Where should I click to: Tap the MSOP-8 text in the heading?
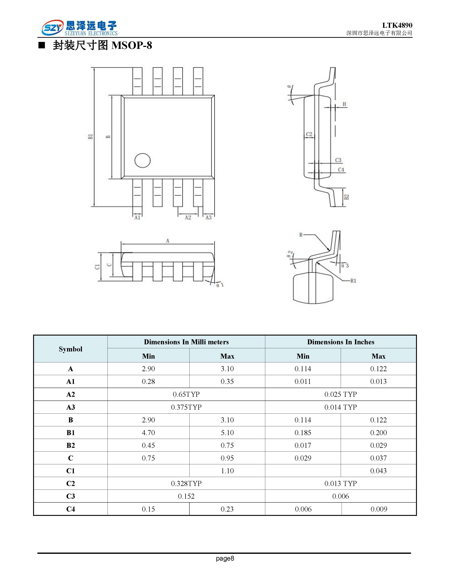pos(132,45)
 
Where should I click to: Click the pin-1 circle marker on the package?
pos(143,160)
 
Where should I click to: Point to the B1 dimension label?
pos(91,137)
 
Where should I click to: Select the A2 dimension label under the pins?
pos(188,218)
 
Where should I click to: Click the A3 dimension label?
pos(209,218)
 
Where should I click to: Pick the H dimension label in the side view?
pos(344,104)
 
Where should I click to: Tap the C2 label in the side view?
pos(309,134)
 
